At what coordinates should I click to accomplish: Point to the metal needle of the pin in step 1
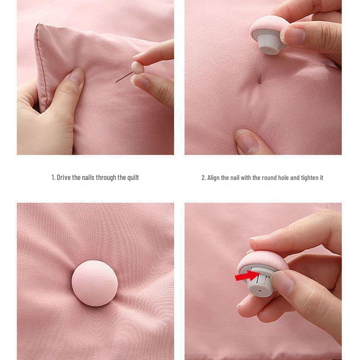pyautogui.click(x=124, y=77)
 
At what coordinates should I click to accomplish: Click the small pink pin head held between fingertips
pyautogui.click(x=137, y=67)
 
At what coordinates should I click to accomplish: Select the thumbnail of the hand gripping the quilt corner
pyautogui.click(x=76, y=76)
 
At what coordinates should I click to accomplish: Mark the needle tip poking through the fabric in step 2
pyautogui.click(x=260, y=79)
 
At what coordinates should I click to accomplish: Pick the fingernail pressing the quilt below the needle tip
pyautogui.click(x=246, y=141)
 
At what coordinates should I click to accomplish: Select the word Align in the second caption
pyautogui.click(x=214, y=178)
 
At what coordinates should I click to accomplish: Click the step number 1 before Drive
pyautogui.click(x=53, y=177)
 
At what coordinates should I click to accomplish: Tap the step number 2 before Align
pyautogui.click(x=203, y=178)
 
